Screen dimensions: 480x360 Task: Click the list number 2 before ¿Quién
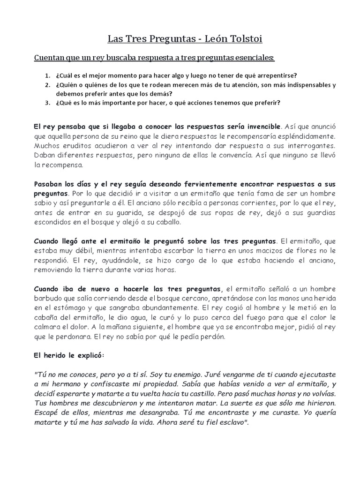coord(47,85)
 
